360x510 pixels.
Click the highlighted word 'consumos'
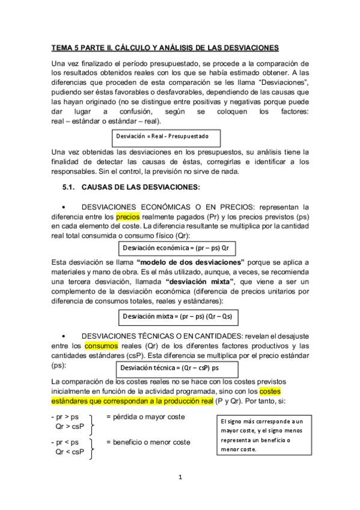pos(101,346)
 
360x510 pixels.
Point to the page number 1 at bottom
pos(179,478)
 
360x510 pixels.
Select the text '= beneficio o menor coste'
pos(148,442)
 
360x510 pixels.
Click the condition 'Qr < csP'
pos(69,452)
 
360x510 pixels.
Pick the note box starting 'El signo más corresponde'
pos(263,435)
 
